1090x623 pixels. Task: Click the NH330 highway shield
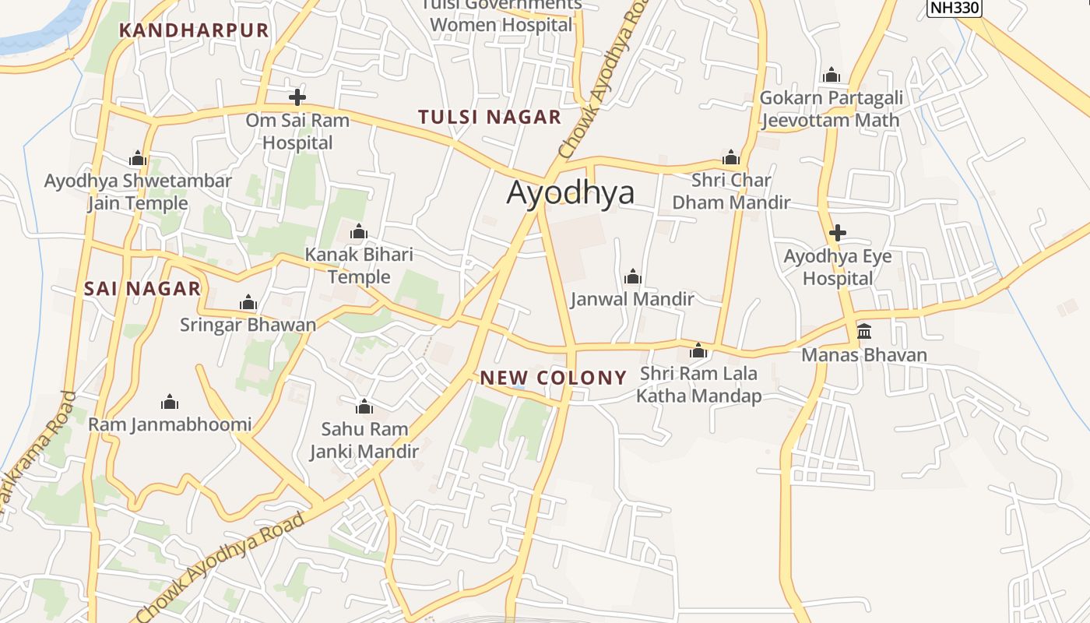954,8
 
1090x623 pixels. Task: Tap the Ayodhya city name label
571,192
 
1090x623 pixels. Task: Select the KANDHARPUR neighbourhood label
194,30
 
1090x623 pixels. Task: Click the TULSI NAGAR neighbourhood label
490,118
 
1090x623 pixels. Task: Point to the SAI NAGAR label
142,289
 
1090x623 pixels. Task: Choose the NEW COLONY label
553,378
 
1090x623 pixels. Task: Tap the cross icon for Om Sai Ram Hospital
297,97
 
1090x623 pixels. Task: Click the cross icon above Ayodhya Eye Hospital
838,232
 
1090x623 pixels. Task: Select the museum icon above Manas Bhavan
864,331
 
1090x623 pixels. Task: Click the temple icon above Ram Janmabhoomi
170,402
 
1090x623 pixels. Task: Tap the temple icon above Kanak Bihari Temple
359,231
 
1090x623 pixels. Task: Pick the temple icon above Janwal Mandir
632,276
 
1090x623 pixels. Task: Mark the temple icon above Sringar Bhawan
248,302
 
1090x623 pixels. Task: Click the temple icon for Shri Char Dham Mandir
730,157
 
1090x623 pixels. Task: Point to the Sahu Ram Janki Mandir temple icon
364,407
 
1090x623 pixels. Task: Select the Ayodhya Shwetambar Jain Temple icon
138,159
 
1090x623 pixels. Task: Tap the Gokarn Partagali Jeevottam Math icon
832,76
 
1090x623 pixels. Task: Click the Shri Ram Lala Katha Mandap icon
698,350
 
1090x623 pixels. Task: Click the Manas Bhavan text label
864,356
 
